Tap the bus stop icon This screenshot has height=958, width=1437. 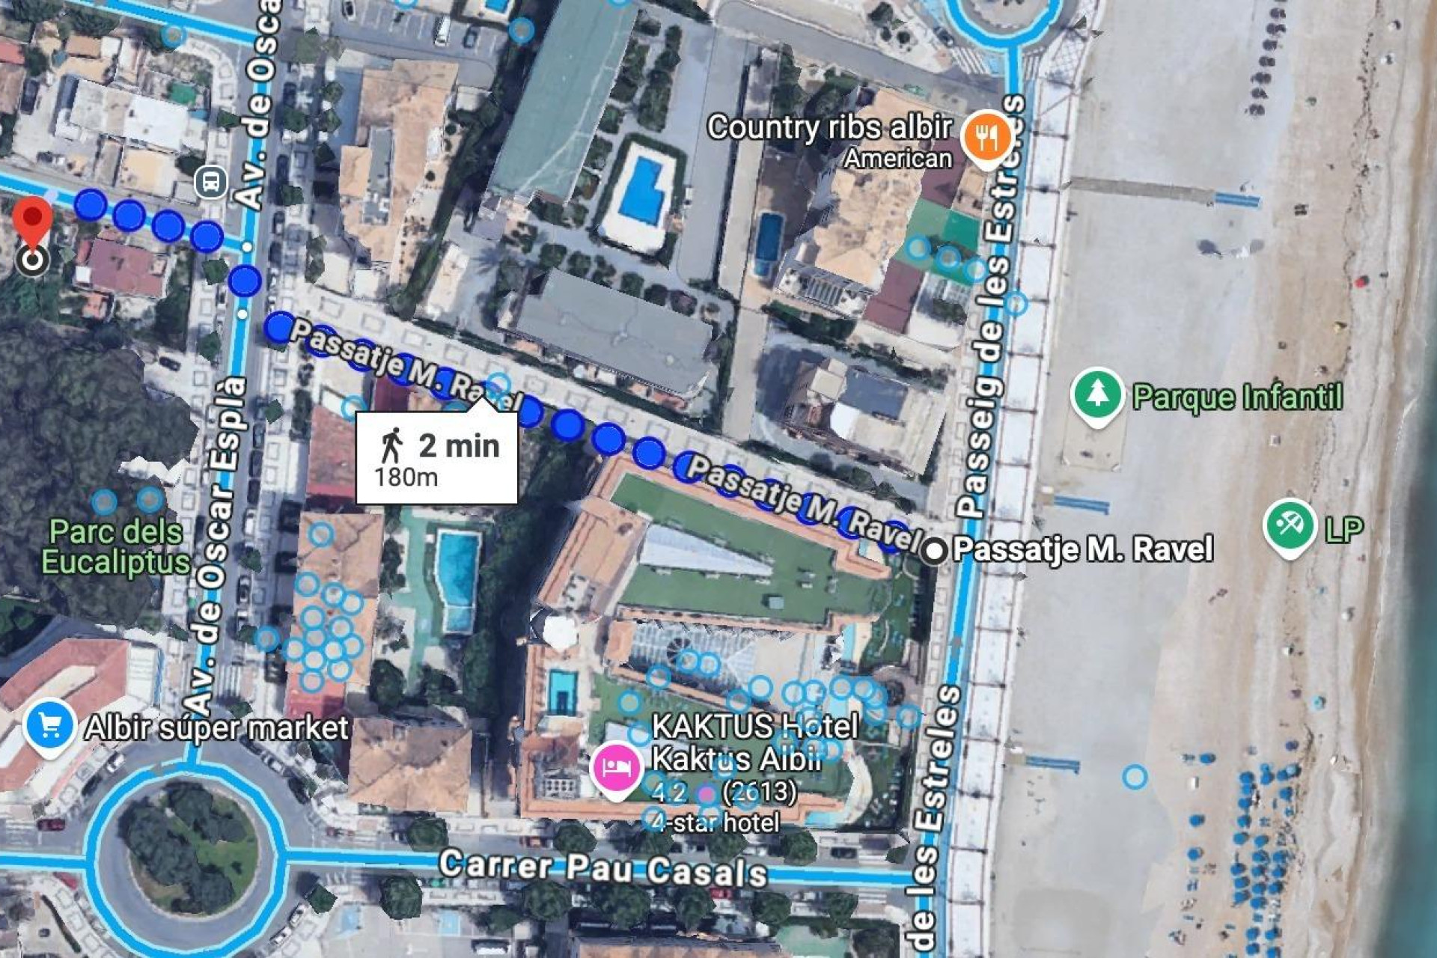[211, 182]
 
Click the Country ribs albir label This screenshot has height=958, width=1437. [829, 128]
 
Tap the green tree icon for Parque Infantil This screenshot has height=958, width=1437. [1096, 395]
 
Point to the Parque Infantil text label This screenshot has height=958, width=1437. [1237, 397]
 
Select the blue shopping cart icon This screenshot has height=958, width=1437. [49, 726]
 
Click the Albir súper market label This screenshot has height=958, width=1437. [216, 728]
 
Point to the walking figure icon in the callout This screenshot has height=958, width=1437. [391, 445]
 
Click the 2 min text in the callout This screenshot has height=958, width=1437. [458, 446]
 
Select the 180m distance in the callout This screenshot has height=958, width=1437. [406, 478]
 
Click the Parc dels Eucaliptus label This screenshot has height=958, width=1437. [116, 547]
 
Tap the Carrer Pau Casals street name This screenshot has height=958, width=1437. [602, 868]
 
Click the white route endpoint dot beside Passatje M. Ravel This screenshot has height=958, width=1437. [933, 551]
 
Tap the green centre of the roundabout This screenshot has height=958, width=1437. [187, 853]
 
